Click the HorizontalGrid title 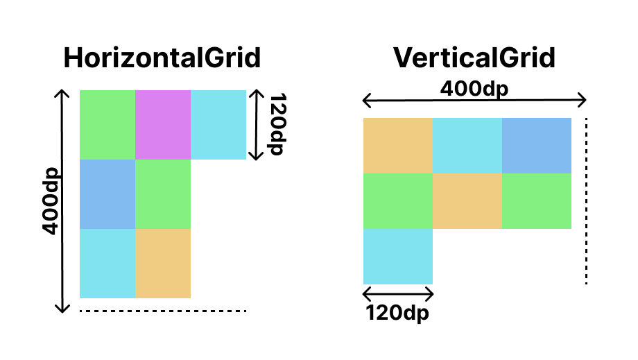(162, 58)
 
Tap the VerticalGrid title (474, 58)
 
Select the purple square (163, 125)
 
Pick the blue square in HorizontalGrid (107, 194)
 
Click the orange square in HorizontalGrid (163, 264)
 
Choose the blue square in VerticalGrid (537, 146)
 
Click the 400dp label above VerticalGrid (474, 89)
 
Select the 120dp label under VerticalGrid (397, 313)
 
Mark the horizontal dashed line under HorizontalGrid (163, 311)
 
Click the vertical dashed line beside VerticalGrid (586, 201)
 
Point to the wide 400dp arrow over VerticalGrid (474, 102)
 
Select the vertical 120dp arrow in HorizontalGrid (257, 125)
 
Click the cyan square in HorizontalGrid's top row (218, 125)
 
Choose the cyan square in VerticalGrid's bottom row (398, 257)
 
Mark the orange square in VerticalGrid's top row (398, 146)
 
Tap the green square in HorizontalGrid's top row (107, 125)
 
